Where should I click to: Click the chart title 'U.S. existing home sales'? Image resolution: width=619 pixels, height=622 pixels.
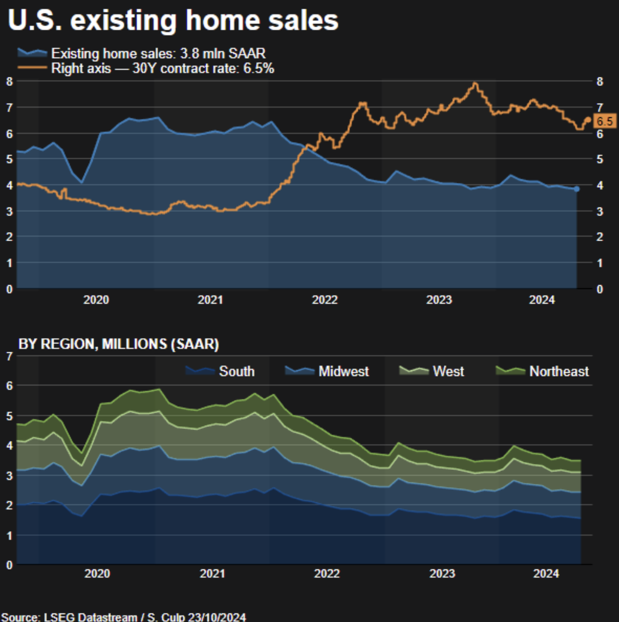tap(173, 20)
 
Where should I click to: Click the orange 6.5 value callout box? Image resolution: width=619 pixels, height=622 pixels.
tap(604, 121)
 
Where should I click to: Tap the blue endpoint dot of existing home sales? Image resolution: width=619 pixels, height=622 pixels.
tap(577, 189)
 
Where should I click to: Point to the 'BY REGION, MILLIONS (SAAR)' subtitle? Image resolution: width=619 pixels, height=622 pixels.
tap(118, 344)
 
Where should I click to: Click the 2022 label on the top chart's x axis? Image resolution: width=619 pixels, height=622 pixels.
tap(325, 300)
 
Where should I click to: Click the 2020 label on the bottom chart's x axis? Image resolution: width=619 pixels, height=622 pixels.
tap(97, 574)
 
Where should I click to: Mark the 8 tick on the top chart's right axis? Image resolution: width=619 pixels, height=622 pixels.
tap(600, 81)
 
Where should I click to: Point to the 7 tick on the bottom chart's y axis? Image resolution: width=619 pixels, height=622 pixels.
tap(9, 356)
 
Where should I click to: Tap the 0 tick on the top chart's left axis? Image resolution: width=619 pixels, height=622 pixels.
tap(9, 289)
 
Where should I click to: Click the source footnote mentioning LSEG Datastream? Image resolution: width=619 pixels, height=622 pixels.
tap(124, 617)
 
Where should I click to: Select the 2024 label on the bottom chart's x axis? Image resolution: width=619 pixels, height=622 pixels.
tap(546, 574)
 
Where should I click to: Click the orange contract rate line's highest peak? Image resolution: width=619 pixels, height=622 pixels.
tap(475, 83)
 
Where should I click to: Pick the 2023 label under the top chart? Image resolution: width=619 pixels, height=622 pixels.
tap(439, 300)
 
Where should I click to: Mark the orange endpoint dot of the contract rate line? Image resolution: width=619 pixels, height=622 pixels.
tap(588, 120)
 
